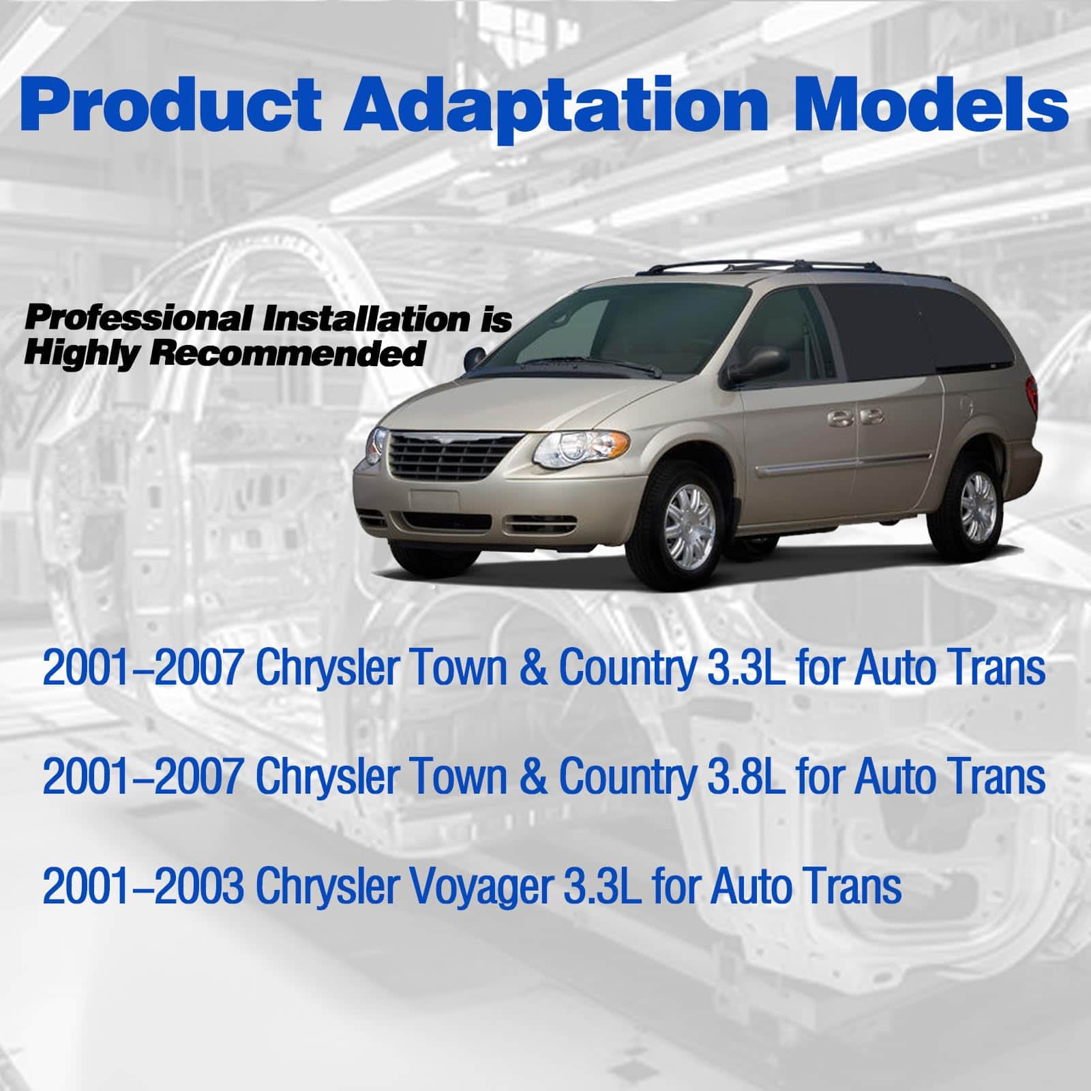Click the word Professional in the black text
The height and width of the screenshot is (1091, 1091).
(138, 320)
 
